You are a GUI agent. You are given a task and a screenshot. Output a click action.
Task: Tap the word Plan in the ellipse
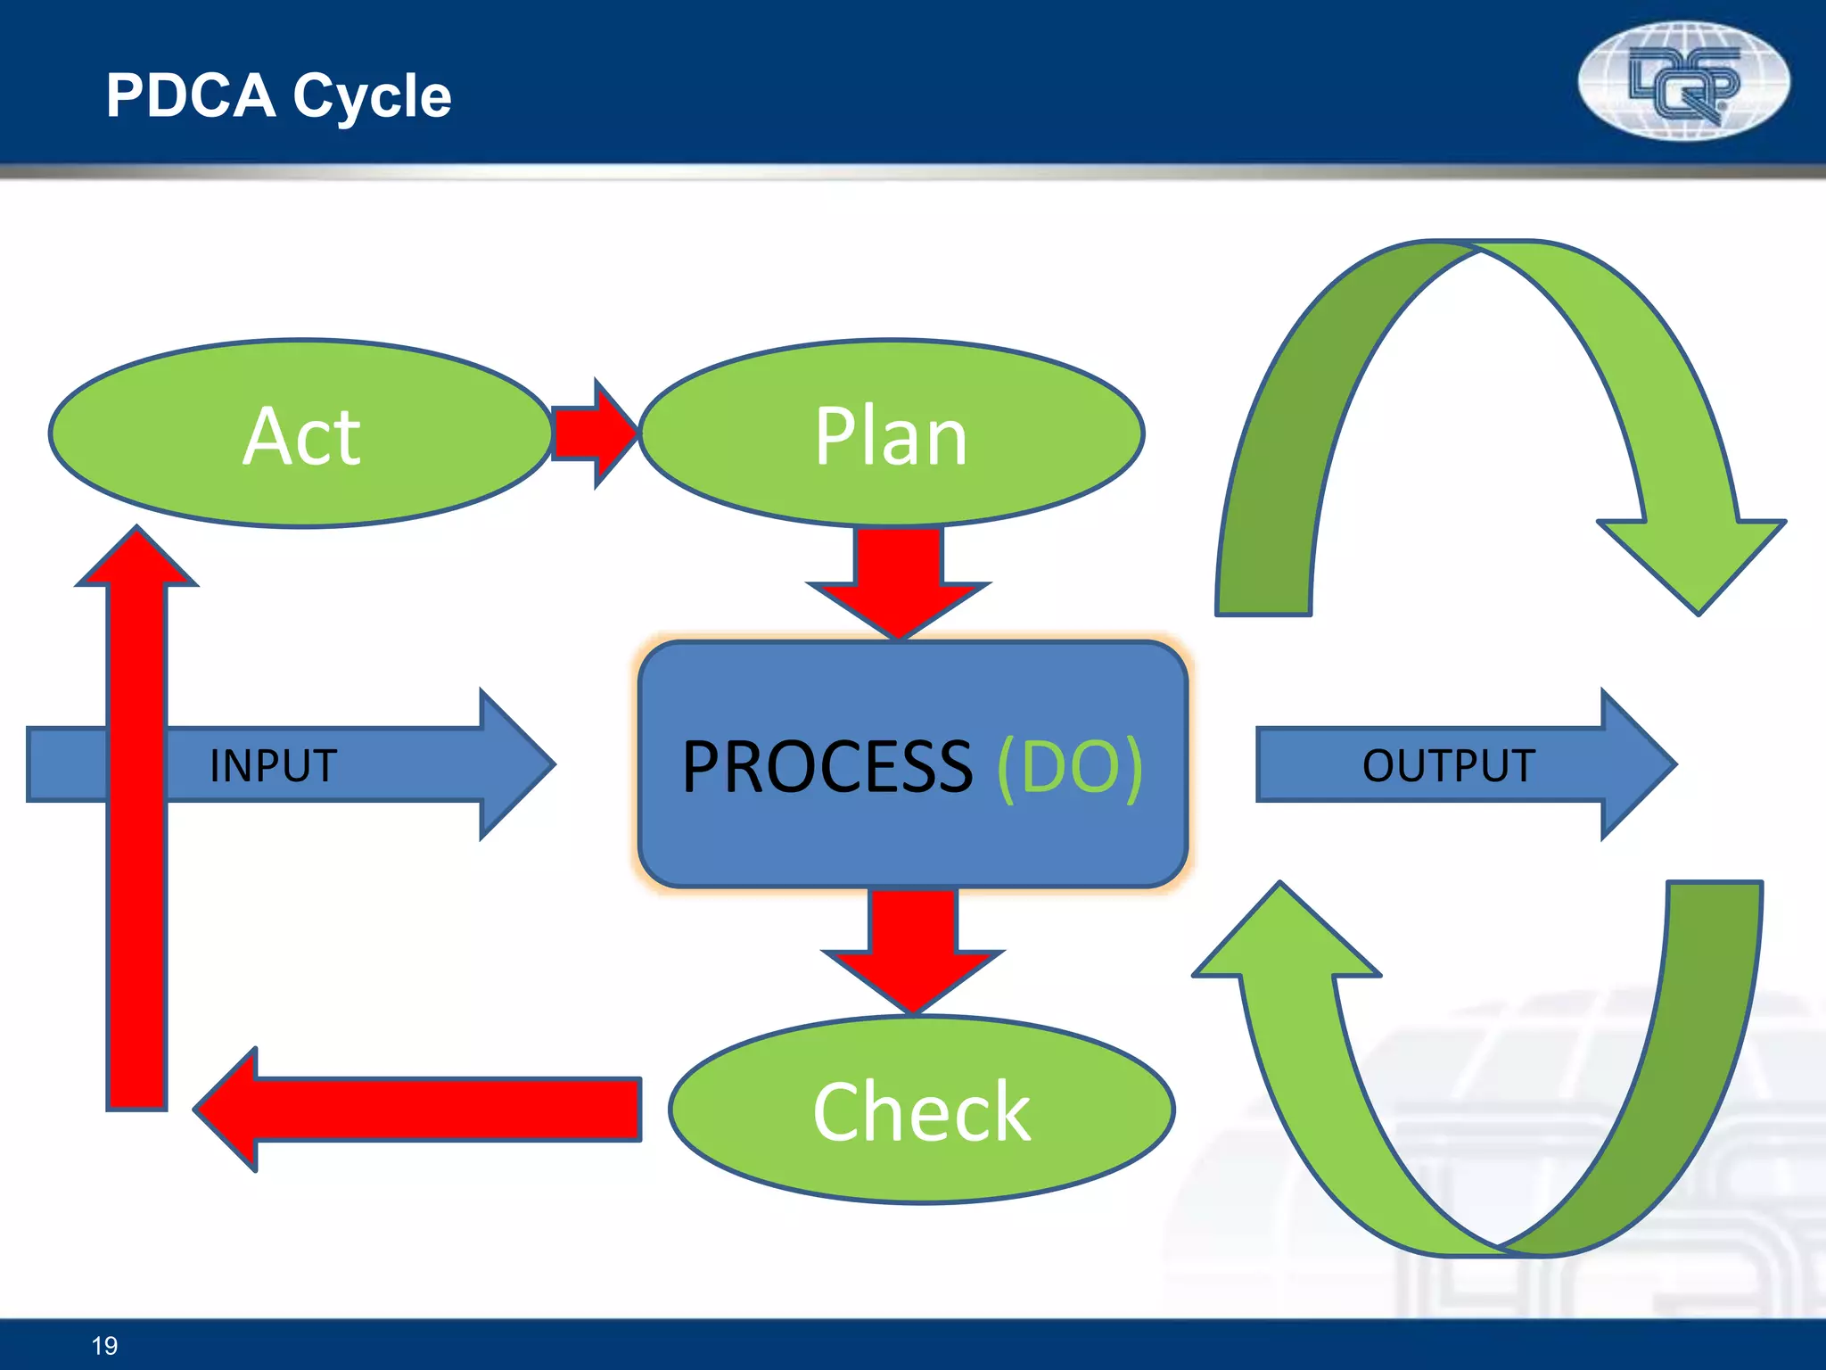[891, 436]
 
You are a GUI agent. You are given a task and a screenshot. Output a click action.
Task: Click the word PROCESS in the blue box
[827, 766]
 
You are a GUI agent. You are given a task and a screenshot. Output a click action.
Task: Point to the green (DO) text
[1069, 766]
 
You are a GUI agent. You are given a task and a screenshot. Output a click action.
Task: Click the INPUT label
[273, 765]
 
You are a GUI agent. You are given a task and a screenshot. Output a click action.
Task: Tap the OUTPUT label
[1448, 765]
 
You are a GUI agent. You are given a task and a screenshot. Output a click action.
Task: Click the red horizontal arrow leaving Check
[419, 1110]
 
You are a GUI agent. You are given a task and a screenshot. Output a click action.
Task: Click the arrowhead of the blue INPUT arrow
[517, 764]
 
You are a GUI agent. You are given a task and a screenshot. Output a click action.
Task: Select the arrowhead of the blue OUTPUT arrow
[1639, 764]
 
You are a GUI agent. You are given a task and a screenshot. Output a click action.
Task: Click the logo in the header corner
[1683, 81]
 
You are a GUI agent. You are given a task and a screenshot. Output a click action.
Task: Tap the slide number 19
[104, 1345]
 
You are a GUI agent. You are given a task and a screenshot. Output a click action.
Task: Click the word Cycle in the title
[372, 96]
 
